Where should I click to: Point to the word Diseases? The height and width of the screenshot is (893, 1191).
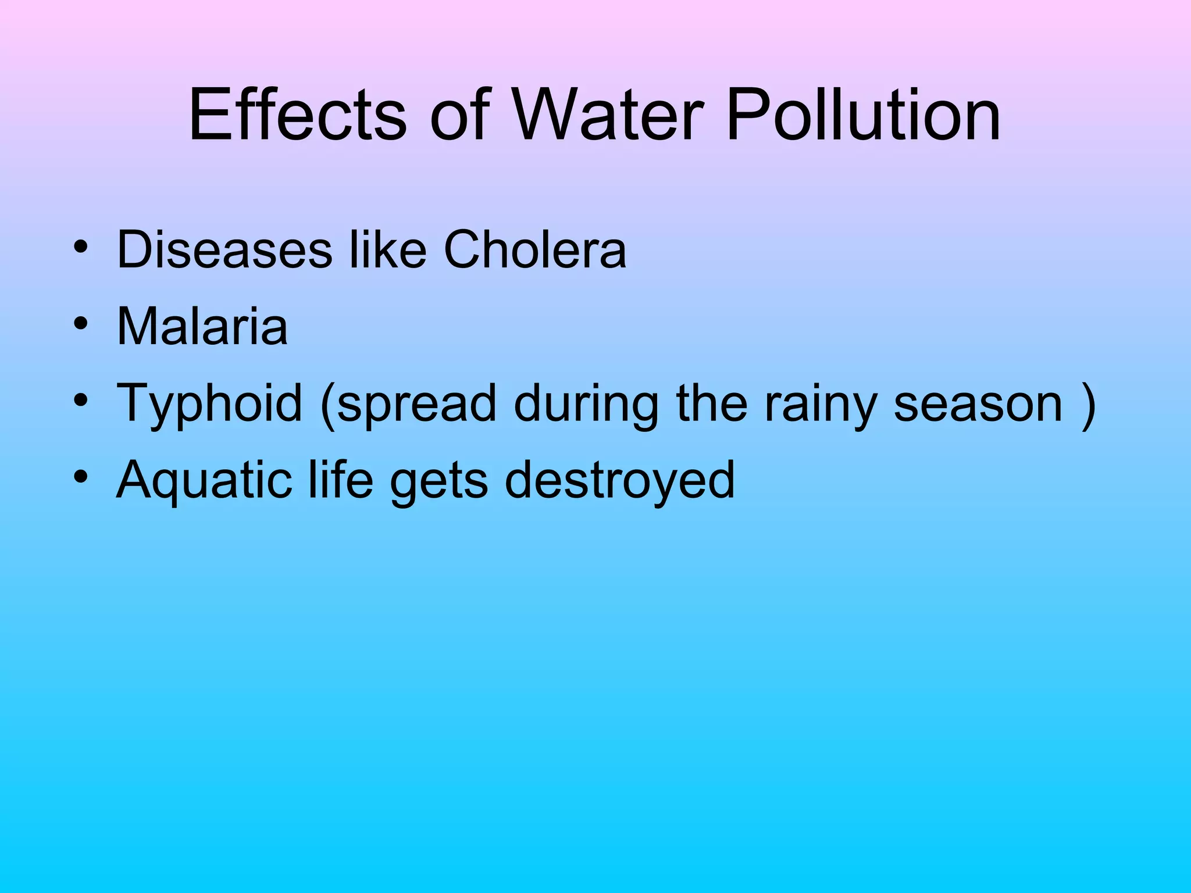pyautogui.click(x=224, y=250)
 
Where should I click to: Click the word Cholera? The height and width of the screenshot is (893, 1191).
pyautogui.click(x=535, y=250)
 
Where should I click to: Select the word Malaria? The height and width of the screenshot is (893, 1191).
pyautogui.click(x=202, y=326)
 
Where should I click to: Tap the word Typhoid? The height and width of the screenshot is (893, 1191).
pyautogui.click(x=209, y=404)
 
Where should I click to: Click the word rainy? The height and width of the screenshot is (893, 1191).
pyautogui.click(x=820, y=404)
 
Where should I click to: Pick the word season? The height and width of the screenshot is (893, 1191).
pyautogui.click(x=978, y=404)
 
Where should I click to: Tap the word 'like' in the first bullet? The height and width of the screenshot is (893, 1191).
pyautogui.click(x=387, y=250)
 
